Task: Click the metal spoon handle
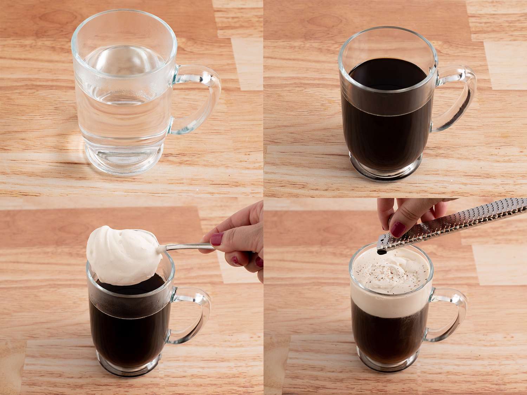(186, 247)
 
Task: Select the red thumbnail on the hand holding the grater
(398, 229)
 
